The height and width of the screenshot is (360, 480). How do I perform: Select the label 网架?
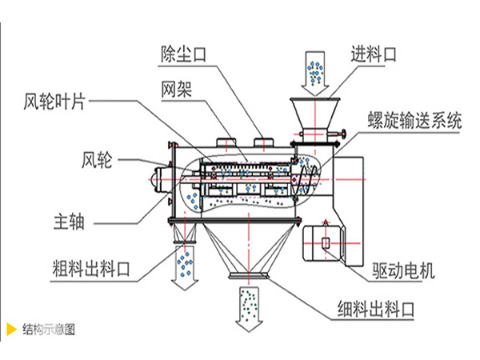click(x=177, y=86)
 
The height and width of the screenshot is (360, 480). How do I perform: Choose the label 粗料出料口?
click(x=75, y=266)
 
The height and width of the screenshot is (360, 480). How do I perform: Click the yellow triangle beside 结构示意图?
click(x=11, y=329)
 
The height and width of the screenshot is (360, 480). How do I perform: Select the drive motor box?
click(x=327, y=242)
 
